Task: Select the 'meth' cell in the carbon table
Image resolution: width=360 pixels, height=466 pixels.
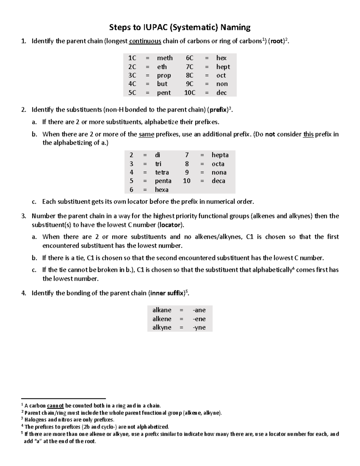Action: (165, 58)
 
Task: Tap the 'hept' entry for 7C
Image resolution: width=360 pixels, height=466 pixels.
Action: (223, 67)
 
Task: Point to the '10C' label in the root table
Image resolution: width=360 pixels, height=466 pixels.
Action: (190, 93)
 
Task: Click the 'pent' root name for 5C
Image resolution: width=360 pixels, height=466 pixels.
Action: (164, 93)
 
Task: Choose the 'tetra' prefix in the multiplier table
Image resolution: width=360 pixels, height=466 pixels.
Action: (162, 172)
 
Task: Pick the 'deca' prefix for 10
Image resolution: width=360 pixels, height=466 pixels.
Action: (218, 181)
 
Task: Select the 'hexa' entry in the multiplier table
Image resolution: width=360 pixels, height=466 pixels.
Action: (161, 190)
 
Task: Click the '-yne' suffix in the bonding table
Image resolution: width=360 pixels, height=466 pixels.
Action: (199, 327)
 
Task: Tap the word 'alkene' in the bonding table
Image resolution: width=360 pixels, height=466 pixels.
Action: (162, 319)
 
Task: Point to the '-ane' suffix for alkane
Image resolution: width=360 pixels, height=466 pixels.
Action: (199, 310)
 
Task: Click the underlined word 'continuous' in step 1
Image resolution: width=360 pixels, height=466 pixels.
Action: (145, 41)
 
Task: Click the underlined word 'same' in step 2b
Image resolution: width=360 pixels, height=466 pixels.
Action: (146, 134)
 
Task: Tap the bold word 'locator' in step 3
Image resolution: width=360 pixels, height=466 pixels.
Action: (170, 225)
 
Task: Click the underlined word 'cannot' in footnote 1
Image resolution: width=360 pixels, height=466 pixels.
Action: (55, 406)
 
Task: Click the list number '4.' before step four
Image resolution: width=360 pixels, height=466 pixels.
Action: (24, 293)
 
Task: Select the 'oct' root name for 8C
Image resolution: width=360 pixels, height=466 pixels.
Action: (221, 75)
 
